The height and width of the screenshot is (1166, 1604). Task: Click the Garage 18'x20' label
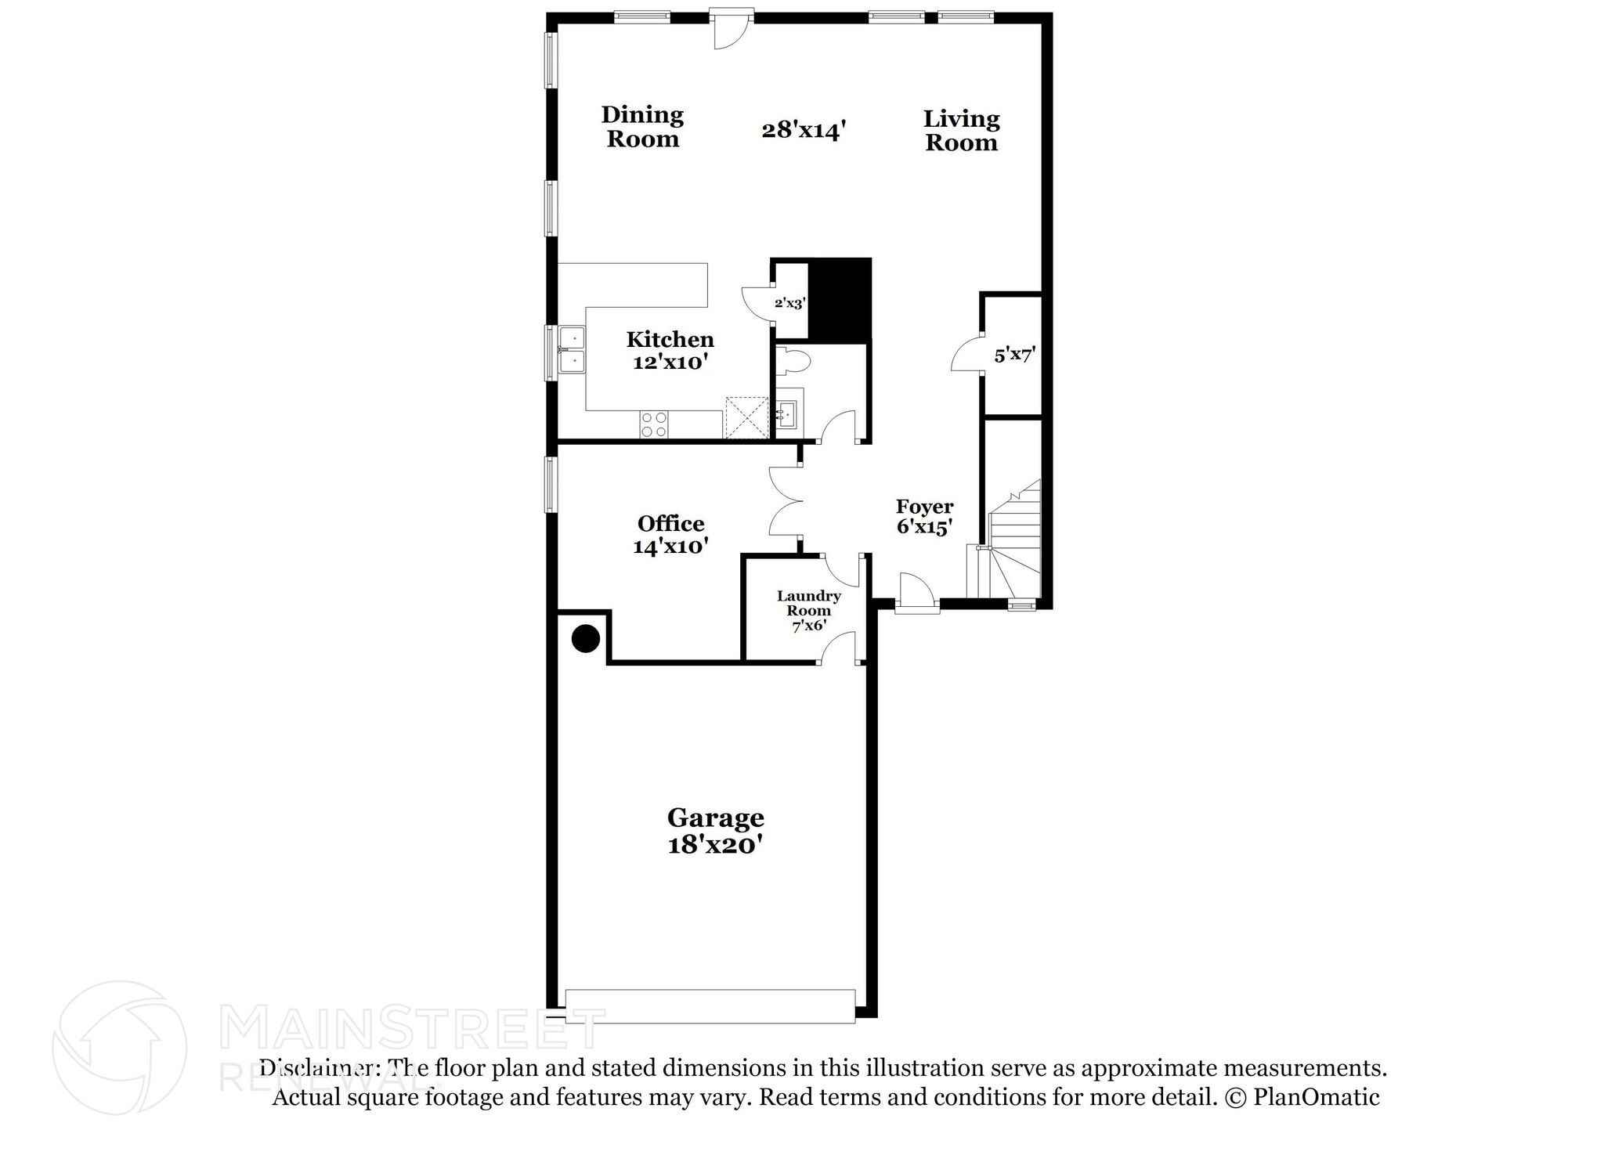tap(715, 831)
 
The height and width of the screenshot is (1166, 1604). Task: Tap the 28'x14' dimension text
tap(804, 129)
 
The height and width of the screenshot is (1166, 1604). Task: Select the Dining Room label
tap(642, 127)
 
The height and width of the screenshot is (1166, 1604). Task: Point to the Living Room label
tap(961, 131)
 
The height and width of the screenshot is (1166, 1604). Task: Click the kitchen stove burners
tap(654, 424)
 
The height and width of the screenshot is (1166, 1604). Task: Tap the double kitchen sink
tap(571, 349)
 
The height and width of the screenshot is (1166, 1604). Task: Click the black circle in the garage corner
tap(586, 638)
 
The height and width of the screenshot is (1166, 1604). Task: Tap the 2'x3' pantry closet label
tap(789, 303)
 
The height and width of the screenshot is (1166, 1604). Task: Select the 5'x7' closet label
tap(1014, 355)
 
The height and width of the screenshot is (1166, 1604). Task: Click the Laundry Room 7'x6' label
tap(808, 610)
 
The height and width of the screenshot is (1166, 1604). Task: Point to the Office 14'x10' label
tap(670, 535)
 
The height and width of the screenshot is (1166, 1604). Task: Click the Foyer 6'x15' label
tap(924, 517)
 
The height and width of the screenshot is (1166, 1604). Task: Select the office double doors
tap(785, 501)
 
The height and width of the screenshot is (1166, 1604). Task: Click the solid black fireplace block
tap(840, 299)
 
